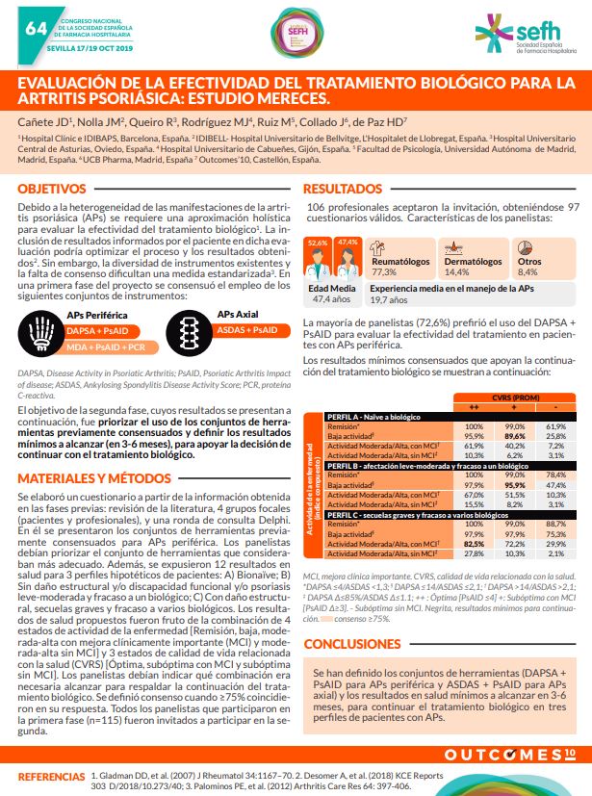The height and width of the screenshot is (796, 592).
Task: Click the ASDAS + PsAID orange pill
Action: pyautogui.click(x=245, y=330)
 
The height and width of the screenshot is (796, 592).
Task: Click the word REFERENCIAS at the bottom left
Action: pyautogui.click(x=51, y=775)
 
